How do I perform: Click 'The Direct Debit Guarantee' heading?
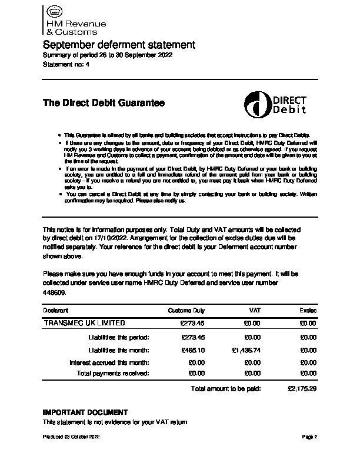pos(104,103)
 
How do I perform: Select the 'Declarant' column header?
pos(56,310)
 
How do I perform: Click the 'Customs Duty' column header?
pos(186,310)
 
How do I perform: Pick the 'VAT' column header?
pos(255,310)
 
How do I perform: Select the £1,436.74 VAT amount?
pos(247,350)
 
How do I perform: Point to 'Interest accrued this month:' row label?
pos(109,362)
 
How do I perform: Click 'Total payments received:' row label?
pos(114,373)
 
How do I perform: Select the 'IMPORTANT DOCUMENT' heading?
pos(85,412)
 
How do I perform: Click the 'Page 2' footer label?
pos(309,437)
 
